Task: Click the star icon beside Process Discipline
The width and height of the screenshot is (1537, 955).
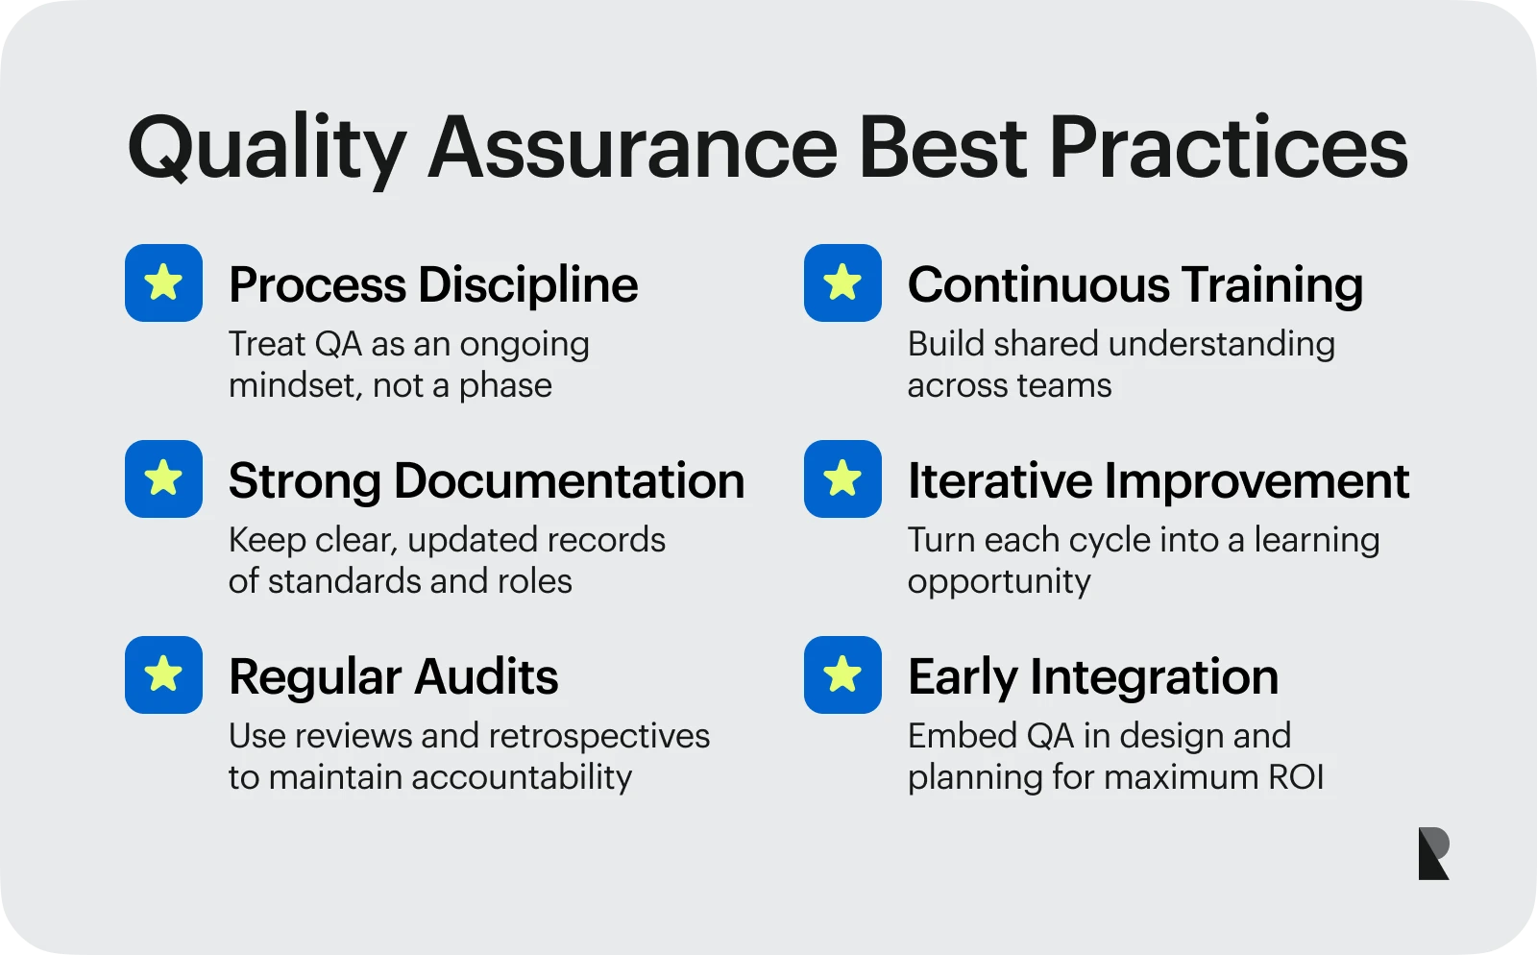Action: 163,282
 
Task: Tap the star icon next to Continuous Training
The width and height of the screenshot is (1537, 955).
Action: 842,282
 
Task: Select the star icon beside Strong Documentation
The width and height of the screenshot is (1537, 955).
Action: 163,478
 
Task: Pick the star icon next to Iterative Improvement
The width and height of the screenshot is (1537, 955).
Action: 842,478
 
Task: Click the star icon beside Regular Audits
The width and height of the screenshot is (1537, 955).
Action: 163,675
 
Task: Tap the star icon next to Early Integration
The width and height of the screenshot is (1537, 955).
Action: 842,675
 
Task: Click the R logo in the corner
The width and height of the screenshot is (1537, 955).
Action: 1433,853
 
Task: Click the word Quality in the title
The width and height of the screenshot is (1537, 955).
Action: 267,150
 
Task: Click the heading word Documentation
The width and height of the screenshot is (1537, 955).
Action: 570,480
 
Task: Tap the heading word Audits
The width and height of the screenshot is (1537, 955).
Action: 486,677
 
